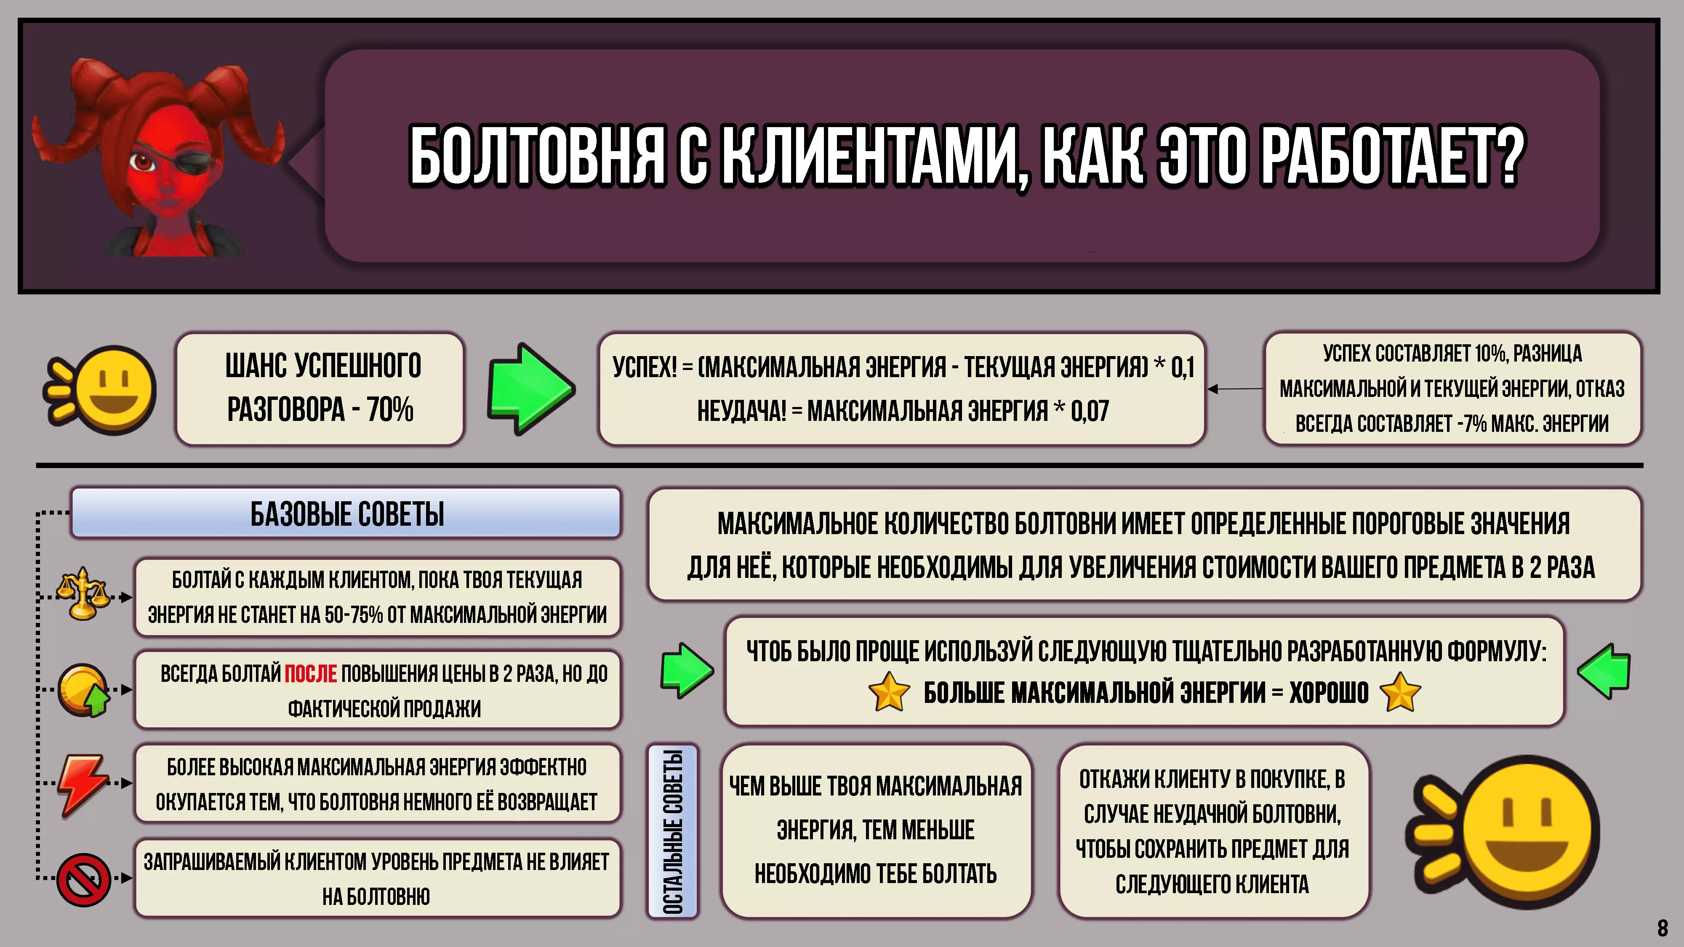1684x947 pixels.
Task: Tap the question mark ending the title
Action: [x=1503, y=156]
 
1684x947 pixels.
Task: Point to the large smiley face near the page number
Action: [x=1503, y=831]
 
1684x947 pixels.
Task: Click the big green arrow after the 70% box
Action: [x=531, y=389]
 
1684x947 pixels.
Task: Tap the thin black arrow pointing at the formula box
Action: [x=1236, y=389]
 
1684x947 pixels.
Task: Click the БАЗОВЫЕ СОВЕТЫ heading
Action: [x=347, y=513]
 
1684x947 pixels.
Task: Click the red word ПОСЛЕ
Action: [x=311, y=673]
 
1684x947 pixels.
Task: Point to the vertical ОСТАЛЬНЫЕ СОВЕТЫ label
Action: [x=673, y=831]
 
